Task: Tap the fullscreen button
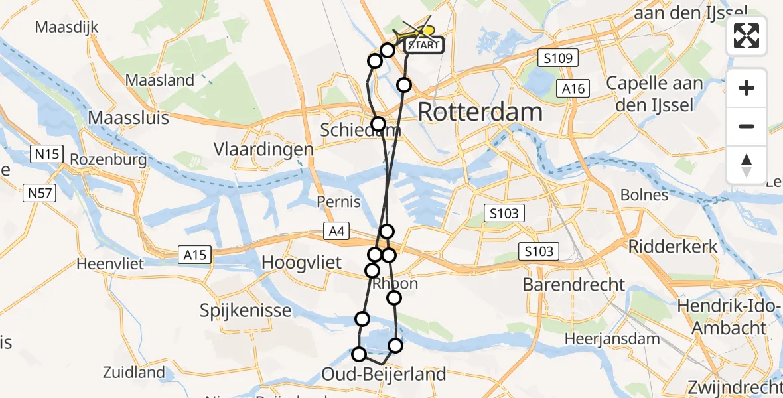[747, 36]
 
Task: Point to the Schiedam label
[360, 130]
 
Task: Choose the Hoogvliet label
[302, 263]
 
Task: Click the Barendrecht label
[574, 285]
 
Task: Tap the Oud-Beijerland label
[384, 375]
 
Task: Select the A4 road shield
[336, 231]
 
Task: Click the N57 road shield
[42, 194]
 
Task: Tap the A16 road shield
[572, 89]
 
